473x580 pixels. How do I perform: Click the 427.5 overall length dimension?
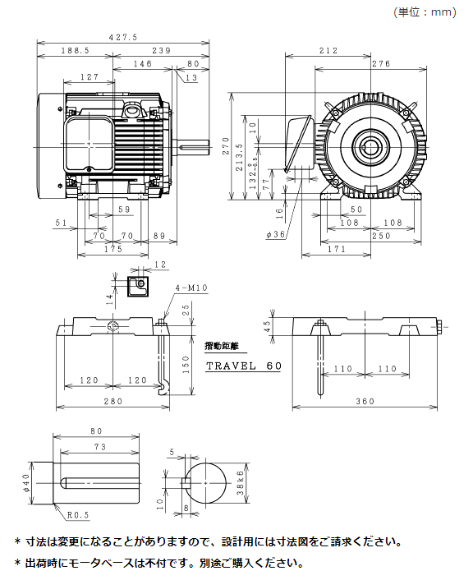[x=123, y=37]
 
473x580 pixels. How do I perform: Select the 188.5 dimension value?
[x=75, y=50]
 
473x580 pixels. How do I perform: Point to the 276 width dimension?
[x=380, y=63]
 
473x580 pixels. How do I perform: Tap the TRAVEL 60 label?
[x=243, y=366]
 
